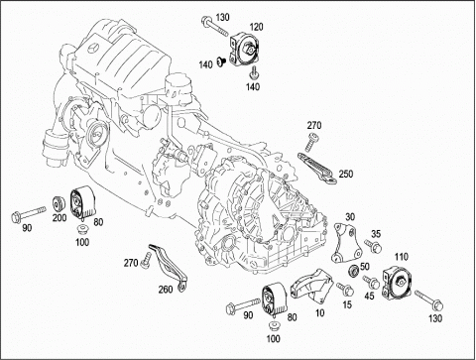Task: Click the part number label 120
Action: [256, 27]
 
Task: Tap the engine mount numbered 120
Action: [245, 51]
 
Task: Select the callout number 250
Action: [346, 174]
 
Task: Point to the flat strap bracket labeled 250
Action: [317, 168]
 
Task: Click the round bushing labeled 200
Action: [59, 204]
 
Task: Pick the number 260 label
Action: [166, 290]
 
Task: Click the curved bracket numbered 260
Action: [169, 268]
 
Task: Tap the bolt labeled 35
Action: [373, 246]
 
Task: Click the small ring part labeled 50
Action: [354, 271]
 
